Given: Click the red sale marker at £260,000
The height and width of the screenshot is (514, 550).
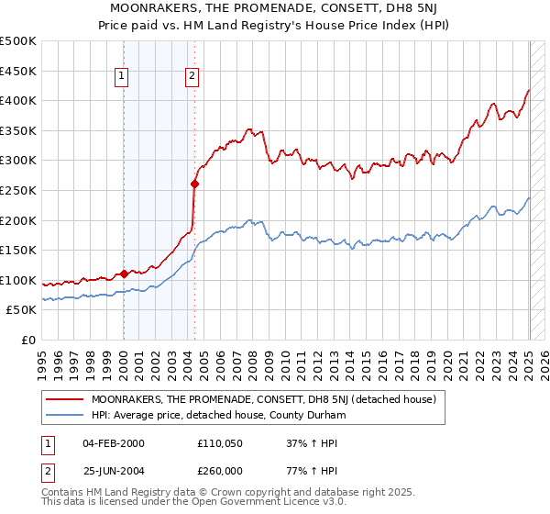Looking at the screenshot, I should [x=194, y=184].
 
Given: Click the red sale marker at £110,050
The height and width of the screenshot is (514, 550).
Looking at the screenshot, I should [x=124, y=274].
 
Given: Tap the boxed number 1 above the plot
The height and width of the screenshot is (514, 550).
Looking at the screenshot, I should [x=123, y=77].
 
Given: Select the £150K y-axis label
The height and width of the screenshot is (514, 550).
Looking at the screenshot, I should [x=19, y=250].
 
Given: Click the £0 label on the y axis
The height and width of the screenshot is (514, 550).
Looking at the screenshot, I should [x=27, y=340].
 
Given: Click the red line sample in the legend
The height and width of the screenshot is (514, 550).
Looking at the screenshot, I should [x=64, y=399].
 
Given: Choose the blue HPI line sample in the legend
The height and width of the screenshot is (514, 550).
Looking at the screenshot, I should [x=64, y=415].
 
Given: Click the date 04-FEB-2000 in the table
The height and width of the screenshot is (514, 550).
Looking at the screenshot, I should [x=113, y=443].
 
